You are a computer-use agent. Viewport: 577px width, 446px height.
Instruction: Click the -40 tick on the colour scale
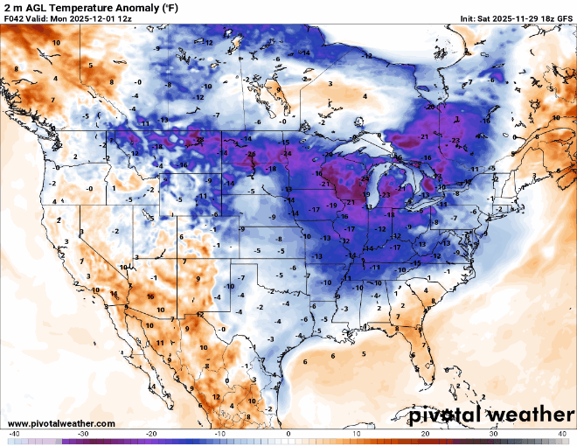[14, 434]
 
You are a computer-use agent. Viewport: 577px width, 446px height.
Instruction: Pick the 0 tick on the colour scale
[288, 434]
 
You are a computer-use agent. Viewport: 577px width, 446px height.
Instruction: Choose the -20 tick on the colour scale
[151, 434]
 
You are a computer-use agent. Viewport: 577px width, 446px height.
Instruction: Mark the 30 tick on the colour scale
[493, 434]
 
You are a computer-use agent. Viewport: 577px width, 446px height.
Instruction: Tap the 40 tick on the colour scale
[561, 434]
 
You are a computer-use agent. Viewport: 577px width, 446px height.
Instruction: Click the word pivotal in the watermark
[442, 412]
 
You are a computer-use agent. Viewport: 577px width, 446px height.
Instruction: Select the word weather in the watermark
[525, 412]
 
